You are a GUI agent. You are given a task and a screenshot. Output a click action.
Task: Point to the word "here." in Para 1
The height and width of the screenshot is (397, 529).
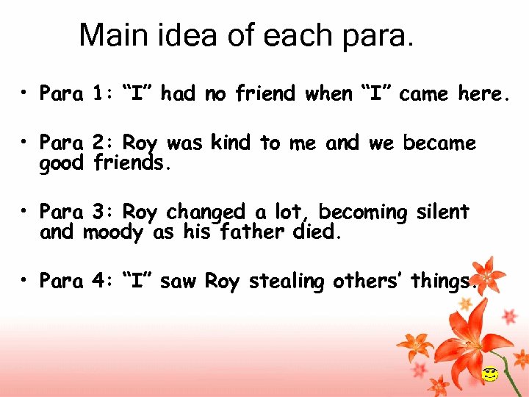point(483,93)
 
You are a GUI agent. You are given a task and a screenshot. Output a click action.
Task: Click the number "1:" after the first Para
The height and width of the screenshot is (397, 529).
point(101,93)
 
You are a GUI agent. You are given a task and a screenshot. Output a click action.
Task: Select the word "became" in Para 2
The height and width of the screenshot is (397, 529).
point(439,142)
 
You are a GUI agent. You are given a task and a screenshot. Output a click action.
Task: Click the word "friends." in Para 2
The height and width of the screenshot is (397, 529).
point(132,163)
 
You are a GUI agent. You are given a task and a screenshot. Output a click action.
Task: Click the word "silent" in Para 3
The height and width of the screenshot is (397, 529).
point(442,212)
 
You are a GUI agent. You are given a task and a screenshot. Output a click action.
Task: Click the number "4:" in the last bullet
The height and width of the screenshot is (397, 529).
point(101,281)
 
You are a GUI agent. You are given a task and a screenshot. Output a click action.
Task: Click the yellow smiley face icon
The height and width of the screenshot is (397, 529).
point(489,375)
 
